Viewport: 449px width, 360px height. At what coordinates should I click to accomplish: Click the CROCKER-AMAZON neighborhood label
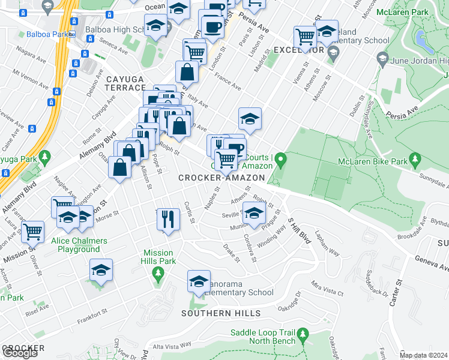pos(221,178)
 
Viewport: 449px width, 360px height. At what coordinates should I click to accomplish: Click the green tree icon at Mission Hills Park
pos(158,275)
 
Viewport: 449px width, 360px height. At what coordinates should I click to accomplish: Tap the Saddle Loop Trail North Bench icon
pos(303,333)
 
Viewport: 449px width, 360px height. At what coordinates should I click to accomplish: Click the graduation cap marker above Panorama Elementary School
pos(199,280)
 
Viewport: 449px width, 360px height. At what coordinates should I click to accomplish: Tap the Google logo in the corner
pos(20,353)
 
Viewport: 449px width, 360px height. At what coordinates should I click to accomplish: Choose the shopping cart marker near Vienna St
pos(306,36)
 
